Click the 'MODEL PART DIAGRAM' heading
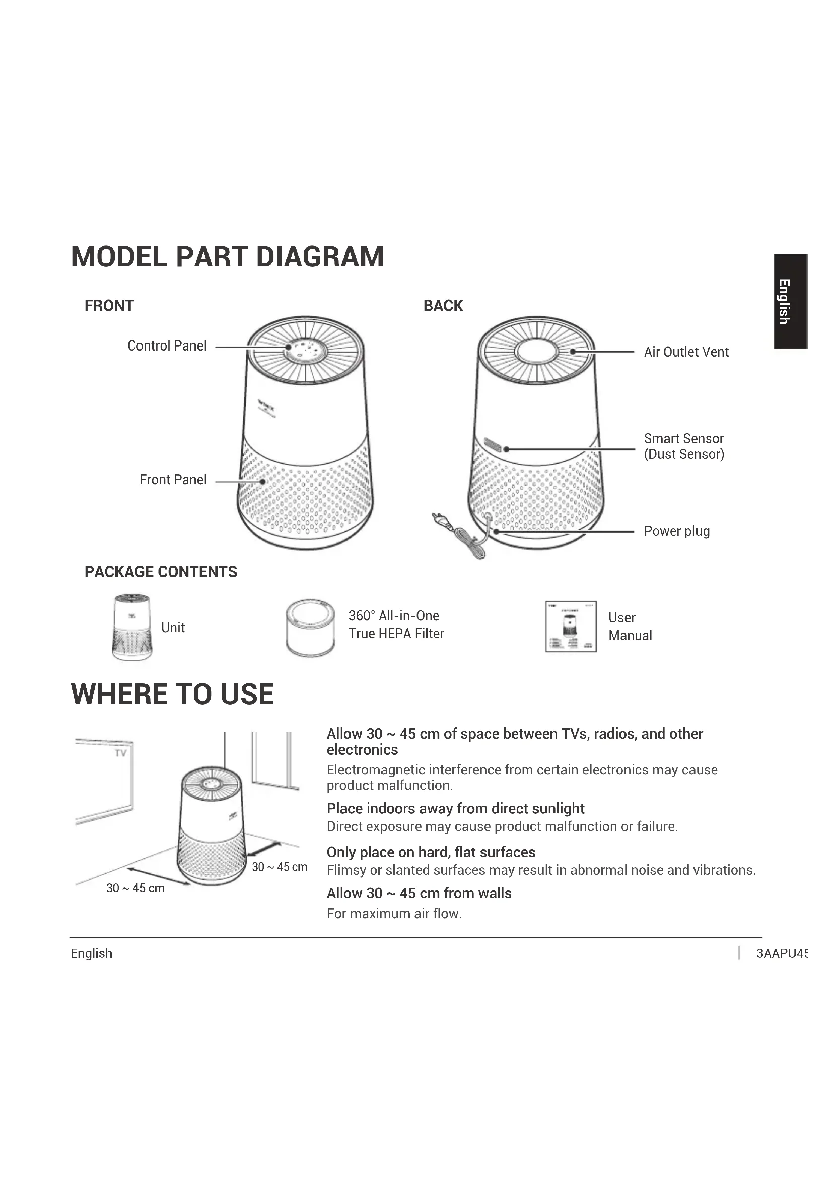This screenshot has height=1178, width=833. coord(227,257)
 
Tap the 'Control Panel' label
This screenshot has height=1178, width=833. coord(167,346)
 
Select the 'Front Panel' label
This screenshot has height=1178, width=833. coord(173,480)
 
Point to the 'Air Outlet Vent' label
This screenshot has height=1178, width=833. coord(686,352)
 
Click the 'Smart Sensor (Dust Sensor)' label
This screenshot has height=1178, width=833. coord(684,446)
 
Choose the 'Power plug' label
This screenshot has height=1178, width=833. coord(676,531)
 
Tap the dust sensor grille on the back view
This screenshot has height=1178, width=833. coord(493,445)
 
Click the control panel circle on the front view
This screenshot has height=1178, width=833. coord(306,351)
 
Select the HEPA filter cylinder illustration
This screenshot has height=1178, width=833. coord(310,627)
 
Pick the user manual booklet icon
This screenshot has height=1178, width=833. coord(571,627)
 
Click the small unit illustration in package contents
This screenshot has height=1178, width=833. coord(132,627)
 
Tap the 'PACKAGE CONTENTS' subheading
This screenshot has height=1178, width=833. coord(161,572)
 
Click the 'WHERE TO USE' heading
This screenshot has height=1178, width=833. coord(172,694)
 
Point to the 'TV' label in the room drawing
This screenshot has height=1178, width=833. coord(120,753)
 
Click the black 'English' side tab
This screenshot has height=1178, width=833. coord(790,301)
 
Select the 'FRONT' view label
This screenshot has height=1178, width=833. coord(109,306)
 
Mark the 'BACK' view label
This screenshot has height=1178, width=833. coord(443,306)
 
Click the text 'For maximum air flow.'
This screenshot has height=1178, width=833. coord(394,914)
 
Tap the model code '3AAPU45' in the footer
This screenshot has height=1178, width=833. coord(782,953)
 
